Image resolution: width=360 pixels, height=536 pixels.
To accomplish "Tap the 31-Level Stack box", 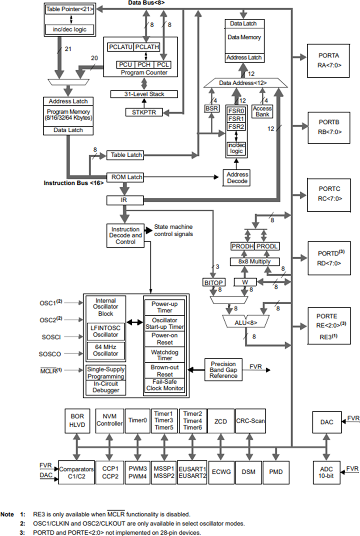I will point(144,94).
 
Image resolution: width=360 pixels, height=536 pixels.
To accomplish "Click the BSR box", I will point(211,108).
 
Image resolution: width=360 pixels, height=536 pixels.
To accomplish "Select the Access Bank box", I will point(262,111).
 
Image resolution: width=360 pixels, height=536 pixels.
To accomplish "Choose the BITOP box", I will point(213,282).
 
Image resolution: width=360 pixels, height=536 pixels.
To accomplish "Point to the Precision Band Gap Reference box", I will point(223,369).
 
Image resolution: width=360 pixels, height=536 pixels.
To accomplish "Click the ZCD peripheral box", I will point(220,421).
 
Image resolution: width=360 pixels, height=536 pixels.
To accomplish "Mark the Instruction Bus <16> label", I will point(74,183).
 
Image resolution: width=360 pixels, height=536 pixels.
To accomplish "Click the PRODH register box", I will point(242,247).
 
